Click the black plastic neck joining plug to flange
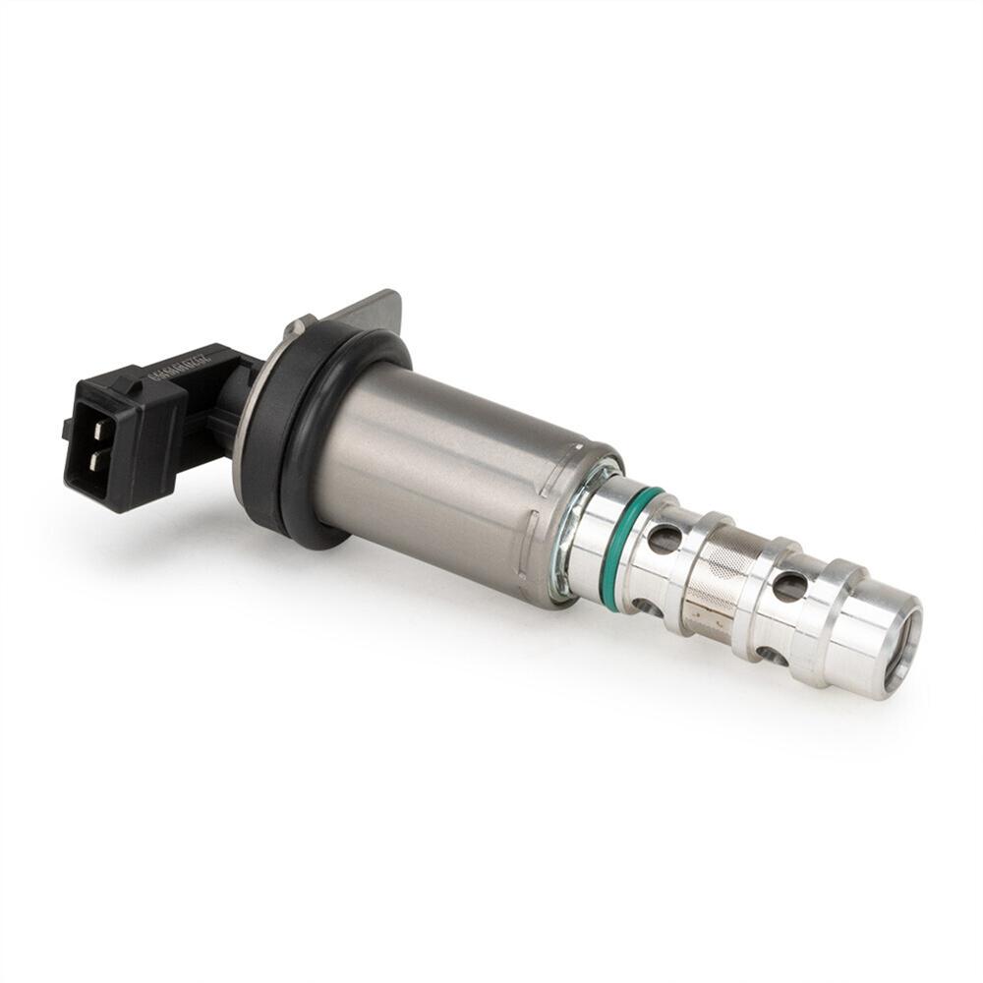click(226, 413)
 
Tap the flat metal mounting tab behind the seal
click(374, 310)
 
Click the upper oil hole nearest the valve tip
click(789, 586)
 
